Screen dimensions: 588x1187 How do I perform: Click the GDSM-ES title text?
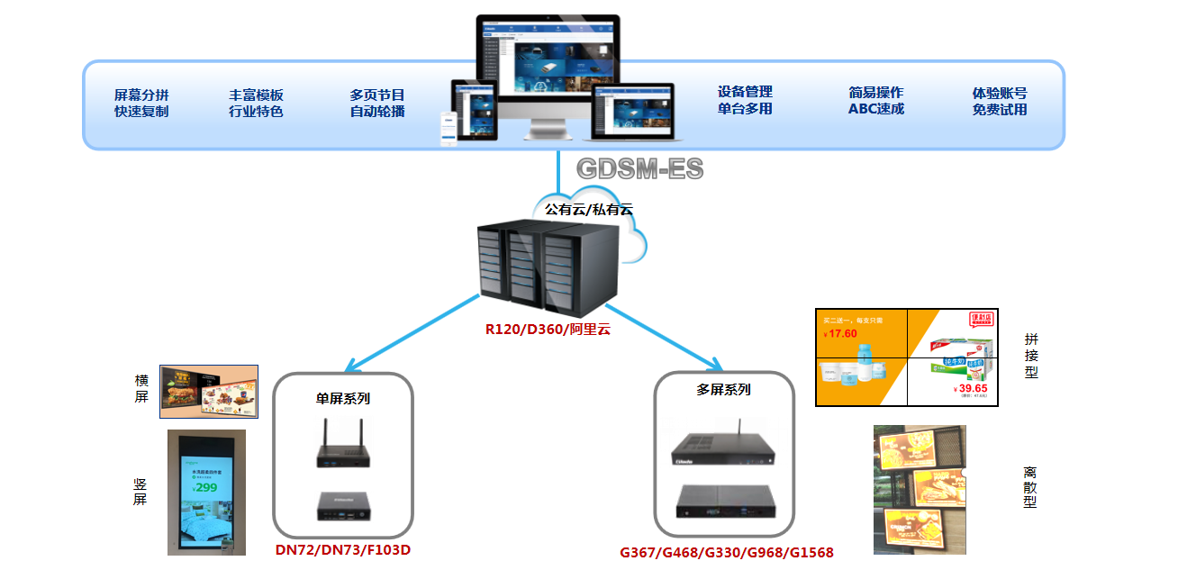(x=639, y=168)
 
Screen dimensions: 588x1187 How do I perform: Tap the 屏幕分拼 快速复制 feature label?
(x=141, y=103)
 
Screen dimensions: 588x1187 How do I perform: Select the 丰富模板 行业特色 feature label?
(x=256, y=103)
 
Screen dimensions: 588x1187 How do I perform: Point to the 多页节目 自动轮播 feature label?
(x=377, y=103)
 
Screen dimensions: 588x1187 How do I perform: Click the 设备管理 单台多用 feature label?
(x=745, y=100)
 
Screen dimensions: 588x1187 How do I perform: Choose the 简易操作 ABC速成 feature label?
(x=875, y=100)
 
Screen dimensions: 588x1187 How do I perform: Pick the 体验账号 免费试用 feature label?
(x=1000, y=101)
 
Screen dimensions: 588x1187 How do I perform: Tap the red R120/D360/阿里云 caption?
(x=548, y=329)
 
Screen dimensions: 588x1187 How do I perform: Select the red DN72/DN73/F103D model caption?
(x=343, y=549)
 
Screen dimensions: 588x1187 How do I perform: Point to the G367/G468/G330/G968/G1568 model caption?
(x=727, y=552)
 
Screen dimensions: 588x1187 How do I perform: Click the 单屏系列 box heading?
(x=342, y=398)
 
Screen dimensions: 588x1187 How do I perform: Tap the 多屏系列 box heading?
(x=723, y=390)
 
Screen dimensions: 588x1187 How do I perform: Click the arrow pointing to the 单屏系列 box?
(x=410, y=333)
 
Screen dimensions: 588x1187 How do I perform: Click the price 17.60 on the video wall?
(x=843, y=333)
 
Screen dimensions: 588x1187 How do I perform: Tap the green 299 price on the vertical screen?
(x=205, y=487)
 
